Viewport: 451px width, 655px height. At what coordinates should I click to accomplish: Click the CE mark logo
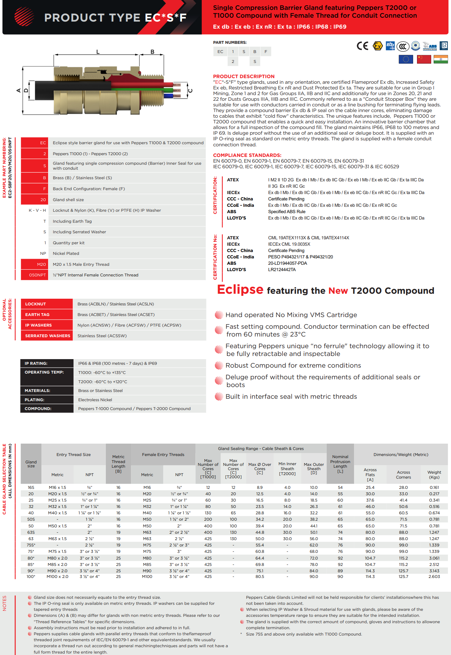(362, 46)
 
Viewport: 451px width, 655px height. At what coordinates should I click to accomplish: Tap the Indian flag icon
(440, 59)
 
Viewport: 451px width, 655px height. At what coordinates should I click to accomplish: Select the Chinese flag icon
(424, 59)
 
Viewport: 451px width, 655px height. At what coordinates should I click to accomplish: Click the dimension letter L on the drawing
(98, 52)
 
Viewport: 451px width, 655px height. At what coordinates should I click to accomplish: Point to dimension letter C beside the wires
(190, 90)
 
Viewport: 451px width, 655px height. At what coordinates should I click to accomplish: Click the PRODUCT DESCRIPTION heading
(244, 76)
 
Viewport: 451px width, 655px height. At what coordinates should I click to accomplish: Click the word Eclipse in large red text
(240, 290)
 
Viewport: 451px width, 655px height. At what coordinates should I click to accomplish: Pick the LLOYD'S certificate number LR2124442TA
(282, 270)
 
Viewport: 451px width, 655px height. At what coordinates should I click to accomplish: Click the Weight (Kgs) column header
(434, 475)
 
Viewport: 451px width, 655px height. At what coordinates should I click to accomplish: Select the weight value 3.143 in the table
(434, 571)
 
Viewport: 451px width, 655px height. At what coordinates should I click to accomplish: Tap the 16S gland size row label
(31, 487)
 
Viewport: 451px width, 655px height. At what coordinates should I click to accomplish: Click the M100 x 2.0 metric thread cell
(57, 577)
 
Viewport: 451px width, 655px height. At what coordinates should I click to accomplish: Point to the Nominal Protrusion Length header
(340, 464)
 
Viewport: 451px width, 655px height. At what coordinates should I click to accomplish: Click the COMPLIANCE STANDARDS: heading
(247, 155)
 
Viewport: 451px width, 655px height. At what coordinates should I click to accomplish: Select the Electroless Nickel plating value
(95, 400)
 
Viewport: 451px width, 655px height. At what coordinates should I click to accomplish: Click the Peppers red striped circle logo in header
(24, 17)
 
